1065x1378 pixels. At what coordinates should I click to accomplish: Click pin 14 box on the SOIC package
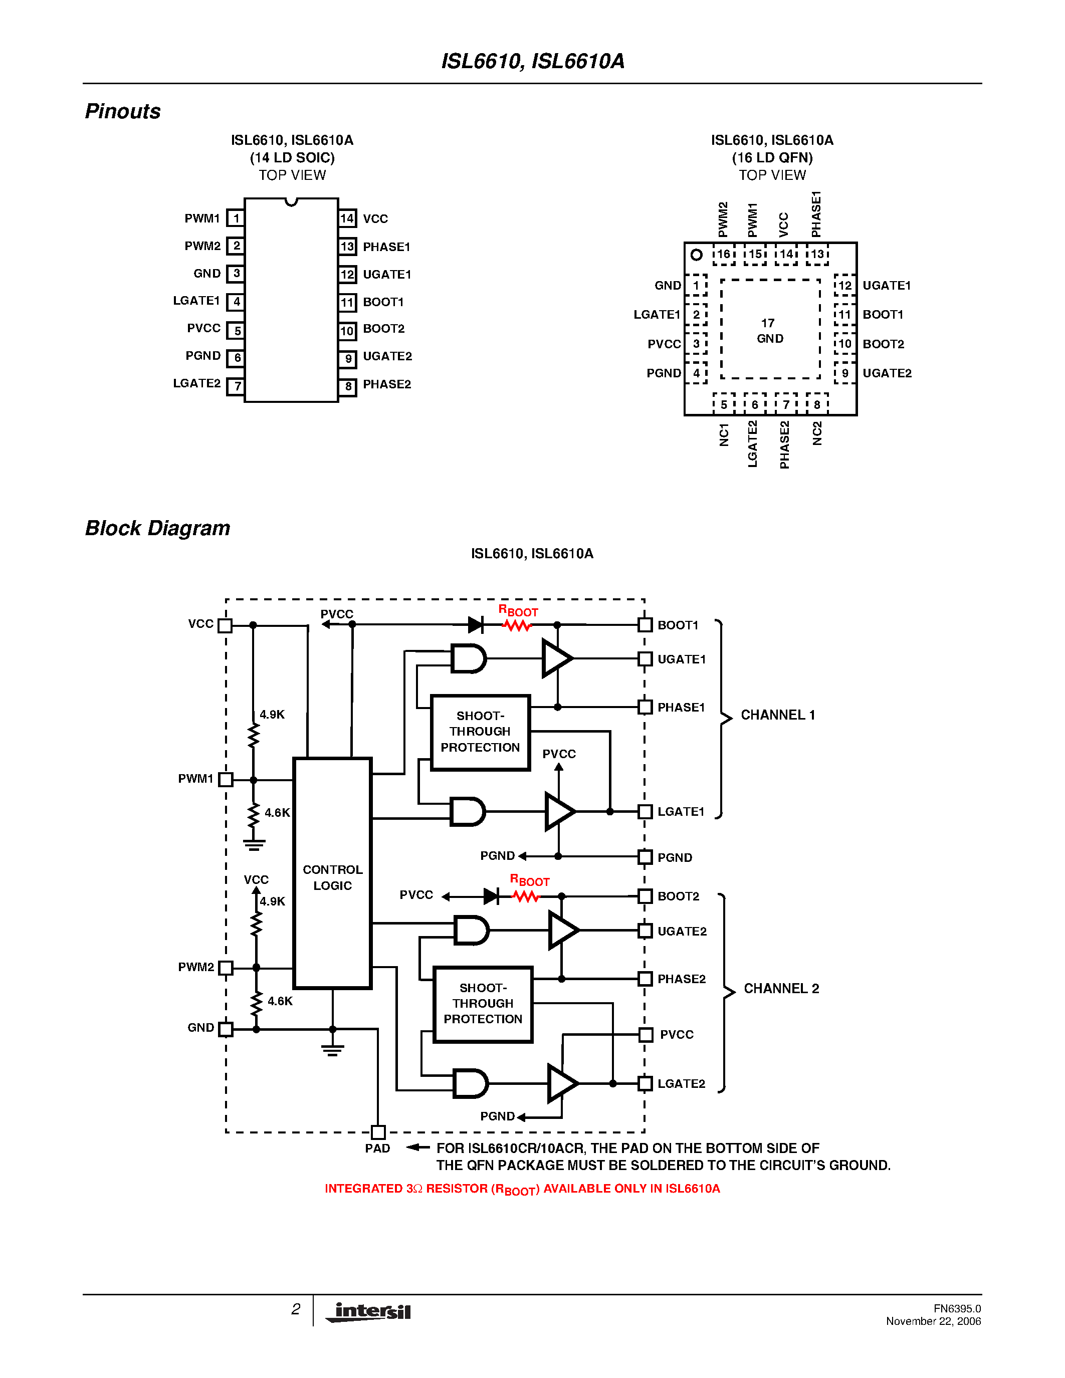tap(347, 218)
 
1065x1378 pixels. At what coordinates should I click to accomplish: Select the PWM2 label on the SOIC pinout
tap(202, 246)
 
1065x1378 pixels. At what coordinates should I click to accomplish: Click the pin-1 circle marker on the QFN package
tap(697, 255)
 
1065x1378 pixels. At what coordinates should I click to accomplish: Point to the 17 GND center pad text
tap(770, 331)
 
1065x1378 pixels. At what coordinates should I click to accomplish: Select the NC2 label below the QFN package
tap(817, 434)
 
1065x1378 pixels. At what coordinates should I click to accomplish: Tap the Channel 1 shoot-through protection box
tap(480, 732)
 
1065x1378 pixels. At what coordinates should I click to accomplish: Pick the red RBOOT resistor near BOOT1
tap(517, 625)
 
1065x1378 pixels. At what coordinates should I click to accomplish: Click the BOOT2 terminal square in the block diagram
tap(645, 896)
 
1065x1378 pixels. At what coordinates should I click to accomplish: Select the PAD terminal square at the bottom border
tap(378, 1132)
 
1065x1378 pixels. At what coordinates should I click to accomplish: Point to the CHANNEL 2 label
tap(781, 989)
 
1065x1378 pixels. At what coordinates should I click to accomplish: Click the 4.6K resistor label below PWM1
tap(277, 813)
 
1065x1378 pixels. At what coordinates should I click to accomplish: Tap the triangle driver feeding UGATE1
tap(556, 658)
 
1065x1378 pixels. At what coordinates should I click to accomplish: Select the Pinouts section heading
tap(123, 111)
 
